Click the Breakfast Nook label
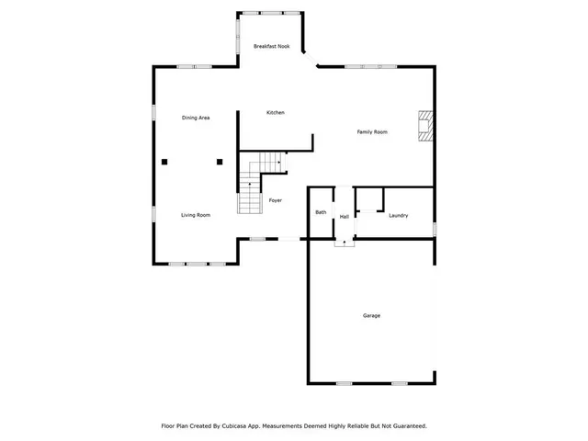tap(273, 46)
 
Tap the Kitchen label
tap(276, 112)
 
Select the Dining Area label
tap(197, 118)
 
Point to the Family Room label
tap(372, 132)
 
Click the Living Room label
tap(196, 215)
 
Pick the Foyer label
tap(275, 200)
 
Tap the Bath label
tap(321, 213)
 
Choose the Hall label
tap(345, 217)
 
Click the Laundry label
tap(398, 216)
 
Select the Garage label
tap(371, 316)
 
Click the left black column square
tap(164, 162)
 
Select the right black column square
tap(220, 162)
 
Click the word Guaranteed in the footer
tap(405, 426)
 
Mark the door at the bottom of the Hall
tap(345, 241)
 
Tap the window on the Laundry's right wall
tap(434, 227)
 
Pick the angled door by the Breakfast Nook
tap(310, 60)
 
